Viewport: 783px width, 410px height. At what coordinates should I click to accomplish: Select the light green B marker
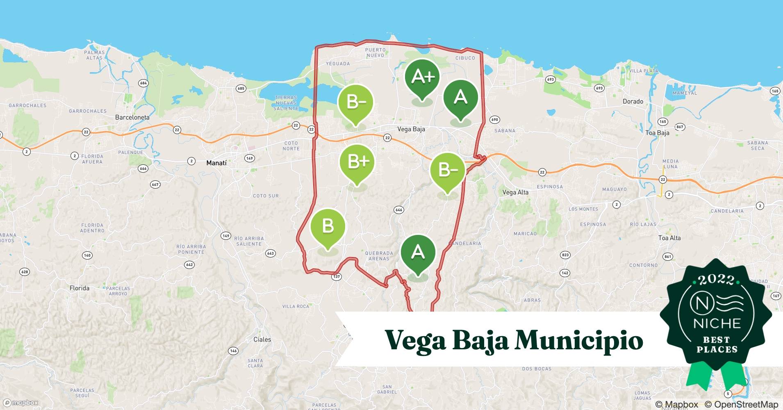[x=328, y=226]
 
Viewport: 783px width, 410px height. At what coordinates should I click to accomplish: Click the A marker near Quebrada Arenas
[x=418, y=252]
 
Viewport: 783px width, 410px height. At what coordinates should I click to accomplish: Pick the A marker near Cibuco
[x=460, y=98]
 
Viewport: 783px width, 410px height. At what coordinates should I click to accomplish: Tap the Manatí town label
[x=216, y=163]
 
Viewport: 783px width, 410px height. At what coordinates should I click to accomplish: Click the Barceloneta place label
[x=132, y=117]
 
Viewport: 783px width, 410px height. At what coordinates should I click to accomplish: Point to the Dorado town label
[x=633, y=101]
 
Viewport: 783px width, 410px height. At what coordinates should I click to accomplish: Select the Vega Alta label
[x=515, y=192]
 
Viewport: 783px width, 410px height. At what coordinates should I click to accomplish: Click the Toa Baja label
[x=657, y=133]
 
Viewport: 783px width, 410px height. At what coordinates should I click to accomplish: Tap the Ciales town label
[x=262, y=339]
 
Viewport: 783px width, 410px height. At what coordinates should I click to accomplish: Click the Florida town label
[x=79, y=288]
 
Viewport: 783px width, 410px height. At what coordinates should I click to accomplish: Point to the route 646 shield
[x=398, y=210]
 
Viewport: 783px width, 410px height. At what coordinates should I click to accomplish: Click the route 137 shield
[x=336, y=277]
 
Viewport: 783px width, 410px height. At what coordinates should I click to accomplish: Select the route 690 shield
[x=494, y=120]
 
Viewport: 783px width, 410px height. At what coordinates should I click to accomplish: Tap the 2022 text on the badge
[x=716, y=280]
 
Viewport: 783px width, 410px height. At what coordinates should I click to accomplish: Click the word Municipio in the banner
[x=579, y=340]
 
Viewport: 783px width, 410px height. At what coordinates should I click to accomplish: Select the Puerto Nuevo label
[x=375, y=52]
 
